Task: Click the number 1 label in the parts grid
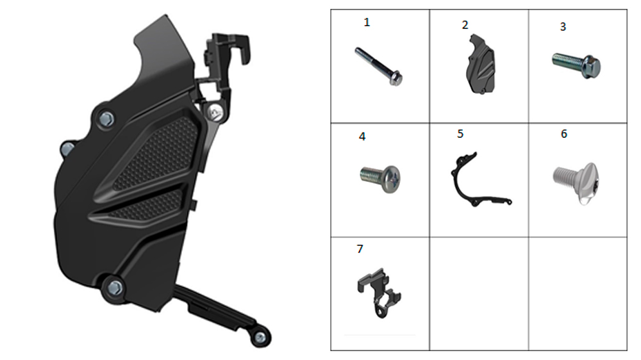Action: click(367, 22)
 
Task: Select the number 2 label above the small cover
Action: click(465, 26)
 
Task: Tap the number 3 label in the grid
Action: click(563, 27)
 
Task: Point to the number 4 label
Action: click(362, 136)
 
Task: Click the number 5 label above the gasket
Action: click(460, 134)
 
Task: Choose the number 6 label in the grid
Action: click(564, 134)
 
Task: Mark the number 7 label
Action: click(360, 249)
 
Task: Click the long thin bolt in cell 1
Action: click(379, 67)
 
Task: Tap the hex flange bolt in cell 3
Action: click(576, 65)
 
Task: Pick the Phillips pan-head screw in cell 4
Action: click(380, 179)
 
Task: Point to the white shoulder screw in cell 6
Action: click(576, 181)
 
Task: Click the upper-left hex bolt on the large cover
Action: click(106, 119)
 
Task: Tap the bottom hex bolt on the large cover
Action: click(115, 288)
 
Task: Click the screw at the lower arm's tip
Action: click(260, 338)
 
